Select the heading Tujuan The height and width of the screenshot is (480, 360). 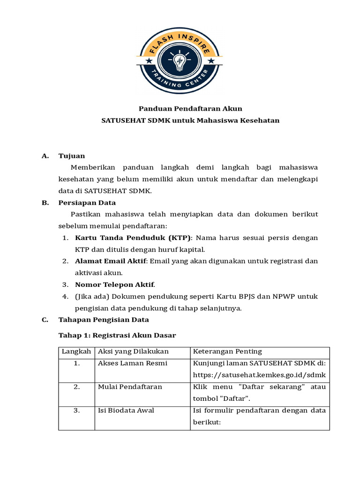pyautogui.click(x=72, y=156)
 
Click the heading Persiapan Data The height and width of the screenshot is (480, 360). pyautogui.click(x=87, y=202)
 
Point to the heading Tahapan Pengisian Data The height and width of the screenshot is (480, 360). pyautogui.click(x=104, y=320)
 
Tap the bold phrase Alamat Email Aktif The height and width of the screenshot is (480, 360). pyautogui.click(x=111, y=261)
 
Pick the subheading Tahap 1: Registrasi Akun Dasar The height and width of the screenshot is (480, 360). pyautogui.click(x=117, y=335)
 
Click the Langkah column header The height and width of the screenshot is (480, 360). pyautogui.click(x=76, y=352)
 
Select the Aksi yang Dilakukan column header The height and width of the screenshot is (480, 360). pyautogui.click(x=133, y=352)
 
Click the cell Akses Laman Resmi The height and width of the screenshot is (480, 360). pyautogui.click(x=132, y=363)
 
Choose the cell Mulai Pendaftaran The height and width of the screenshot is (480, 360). pyautogui.click(x=130, y=387)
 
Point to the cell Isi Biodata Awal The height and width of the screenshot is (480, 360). pyautogui.click(x=126, y=410)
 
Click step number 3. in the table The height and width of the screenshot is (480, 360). pyautogui.click(x=76, y=410)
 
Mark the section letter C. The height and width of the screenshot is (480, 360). pyautogui.click(x=45, y=320)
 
